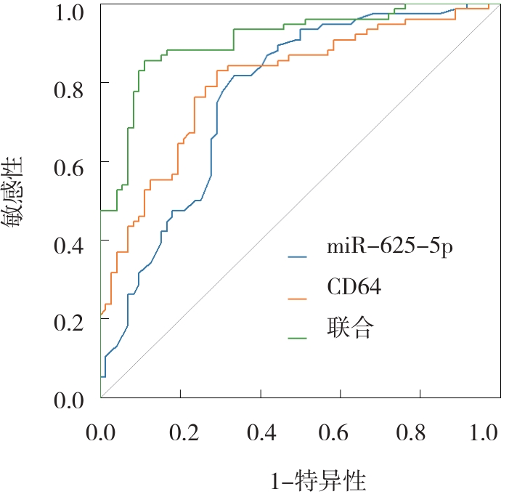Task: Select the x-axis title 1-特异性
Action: pos(317,481)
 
